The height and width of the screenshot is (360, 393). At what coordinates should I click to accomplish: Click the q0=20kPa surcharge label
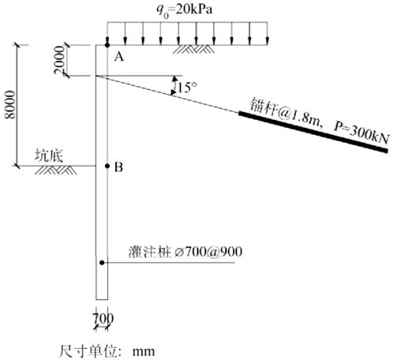(185, 10)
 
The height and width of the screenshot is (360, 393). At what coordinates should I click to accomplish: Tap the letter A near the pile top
(118, 57)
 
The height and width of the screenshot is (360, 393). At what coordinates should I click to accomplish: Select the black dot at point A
(107, 45)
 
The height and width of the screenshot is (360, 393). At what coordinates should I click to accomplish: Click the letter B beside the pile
(118, 167)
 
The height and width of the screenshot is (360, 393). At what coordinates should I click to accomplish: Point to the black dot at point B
(107, 166)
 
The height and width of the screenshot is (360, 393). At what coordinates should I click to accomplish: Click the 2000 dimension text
(59, 60)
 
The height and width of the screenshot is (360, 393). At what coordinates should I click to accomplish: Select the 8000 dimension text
(10, 105)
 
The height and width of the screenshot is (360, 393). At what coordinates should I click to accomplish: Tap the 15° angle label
(187, 87)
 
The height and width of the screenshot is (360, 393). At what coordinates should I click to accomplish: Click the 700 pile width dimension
(103, 318)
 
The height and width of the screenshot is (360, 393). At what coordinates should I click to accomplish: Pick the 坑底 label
(49, 156)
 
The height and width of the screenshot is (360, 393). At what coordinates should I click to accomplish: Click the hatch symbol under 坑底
(56, 170)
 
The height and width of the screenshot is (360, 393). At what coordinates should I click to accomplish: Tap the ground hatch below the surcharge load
(193, 49)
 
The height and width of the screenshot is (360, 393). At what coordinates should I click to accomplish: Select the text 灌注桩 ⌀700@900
(185, 252)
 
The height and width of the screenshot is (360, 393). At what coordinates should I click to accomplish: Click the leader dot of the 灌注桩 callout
(102, 263)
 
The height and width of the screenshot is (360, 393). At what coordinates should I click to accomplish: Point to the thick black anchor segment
(313, 132)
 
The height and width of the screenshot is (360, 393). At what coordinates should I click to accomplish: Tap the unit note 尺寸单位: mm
(107, 351)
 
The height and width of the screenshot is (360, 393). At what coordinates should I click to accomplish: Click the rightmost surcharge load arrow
(268, 34)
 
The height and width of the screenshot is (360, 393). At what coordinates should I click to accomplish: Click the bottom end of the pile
(102, 299)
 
